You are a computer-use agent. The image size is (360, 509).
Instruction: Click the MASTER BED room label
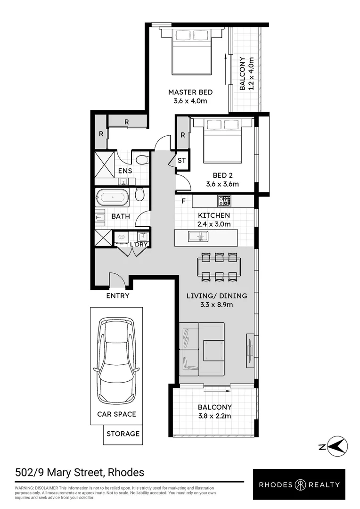[x=190, y=92]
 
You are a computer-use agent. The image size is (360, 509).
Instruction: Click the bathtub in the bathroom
[x=112, y=197]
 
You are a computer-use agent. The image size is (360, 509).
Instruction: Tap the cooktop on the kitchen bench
[x=224, y=201]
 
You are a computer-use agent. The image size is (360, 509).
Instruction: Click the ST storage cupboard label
[x=181, y=161]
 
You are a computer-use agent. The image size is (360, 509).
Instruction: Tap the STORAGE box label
[x=123, y=434]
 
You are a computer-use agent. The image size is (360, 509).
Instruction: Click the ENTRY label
[x=117, y=296]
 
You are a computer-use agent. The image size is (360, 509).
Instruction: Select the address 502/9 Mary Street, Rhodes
[x=80, y=472]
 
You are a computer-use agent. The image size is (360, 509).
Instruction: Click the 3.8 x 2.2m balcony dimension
[x=214, y=416]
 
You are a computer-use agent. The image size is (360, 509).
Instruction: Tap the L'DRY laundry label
[x=139, y=244]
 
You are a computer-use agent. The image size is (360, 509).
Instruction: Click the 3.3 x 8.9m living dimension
[x=216, y=304]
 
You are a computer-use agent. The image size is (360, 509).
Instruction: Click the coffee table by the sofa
[x=213, y=350]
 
